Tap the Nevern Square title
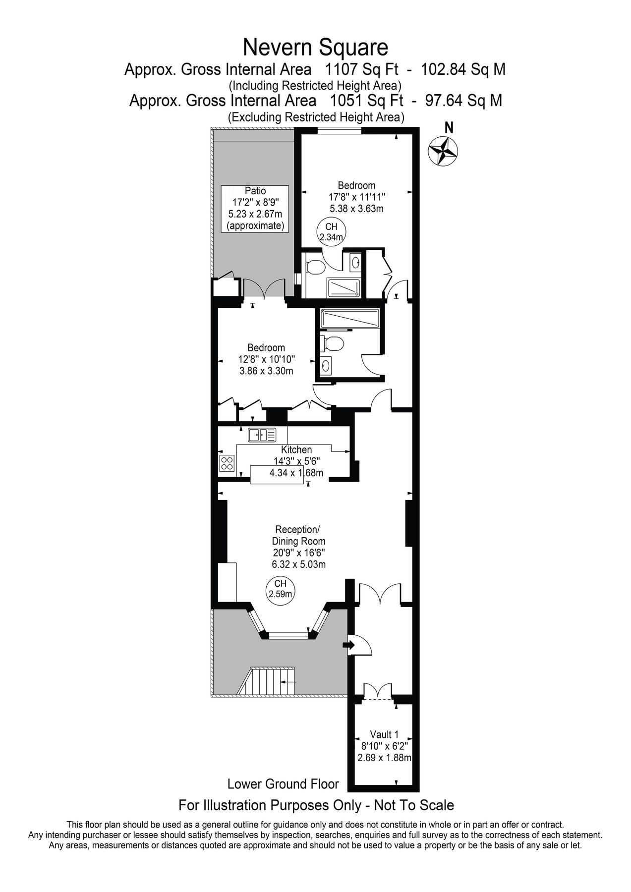tap(315, 48)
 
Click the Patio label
tap(255, 191)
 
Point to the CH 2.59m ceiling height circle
tap(281, 588)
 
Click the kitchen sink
tap(262, 435)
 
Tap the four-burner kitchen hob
tap(227, 463)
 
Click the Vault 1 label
tap(384, 734)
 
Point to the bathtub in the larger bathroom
tap(350, 318)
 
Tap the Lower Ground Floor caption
tap(283, 784)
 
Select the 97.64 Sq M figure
tap(463, 101)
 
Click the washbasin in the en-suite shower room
tap(355, 262)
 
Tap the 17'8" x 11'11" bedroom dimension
tap(356, 197)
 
